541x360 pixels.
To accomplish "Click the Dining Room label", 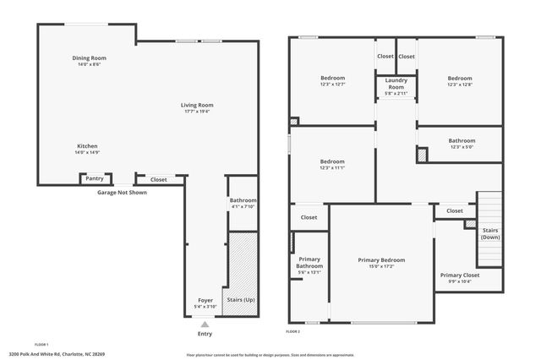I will click(89, 58).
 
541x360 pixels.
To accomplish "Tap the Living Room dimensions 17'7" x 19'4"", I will click(196, 111).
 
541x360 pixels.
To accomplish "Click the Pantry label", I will click(94, 179).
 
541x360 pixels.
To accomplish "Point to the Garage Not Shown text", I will click(122, 193).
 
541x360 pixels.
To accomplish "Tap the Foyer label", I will click(205, 300).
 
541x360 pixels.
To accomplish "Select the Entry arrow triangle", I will click(204, 324).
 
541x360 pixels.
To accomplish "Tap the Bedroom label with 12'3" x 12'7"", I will click(332, 79).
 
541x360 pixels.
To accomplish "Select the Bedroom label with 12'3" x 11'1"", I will click(332, 161).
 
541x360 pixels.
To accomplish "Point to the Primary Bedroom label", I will click(381, 260).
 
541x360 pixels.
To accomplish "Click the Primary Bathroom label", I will click(309, 263).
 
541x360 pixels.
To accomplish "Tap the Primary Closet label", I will click(460, 275).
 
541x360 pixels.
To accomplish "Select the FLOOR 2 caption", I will click(293, 331).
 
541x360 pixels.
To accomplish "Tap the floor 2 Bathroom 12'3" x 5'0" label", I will click(462, 141).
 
